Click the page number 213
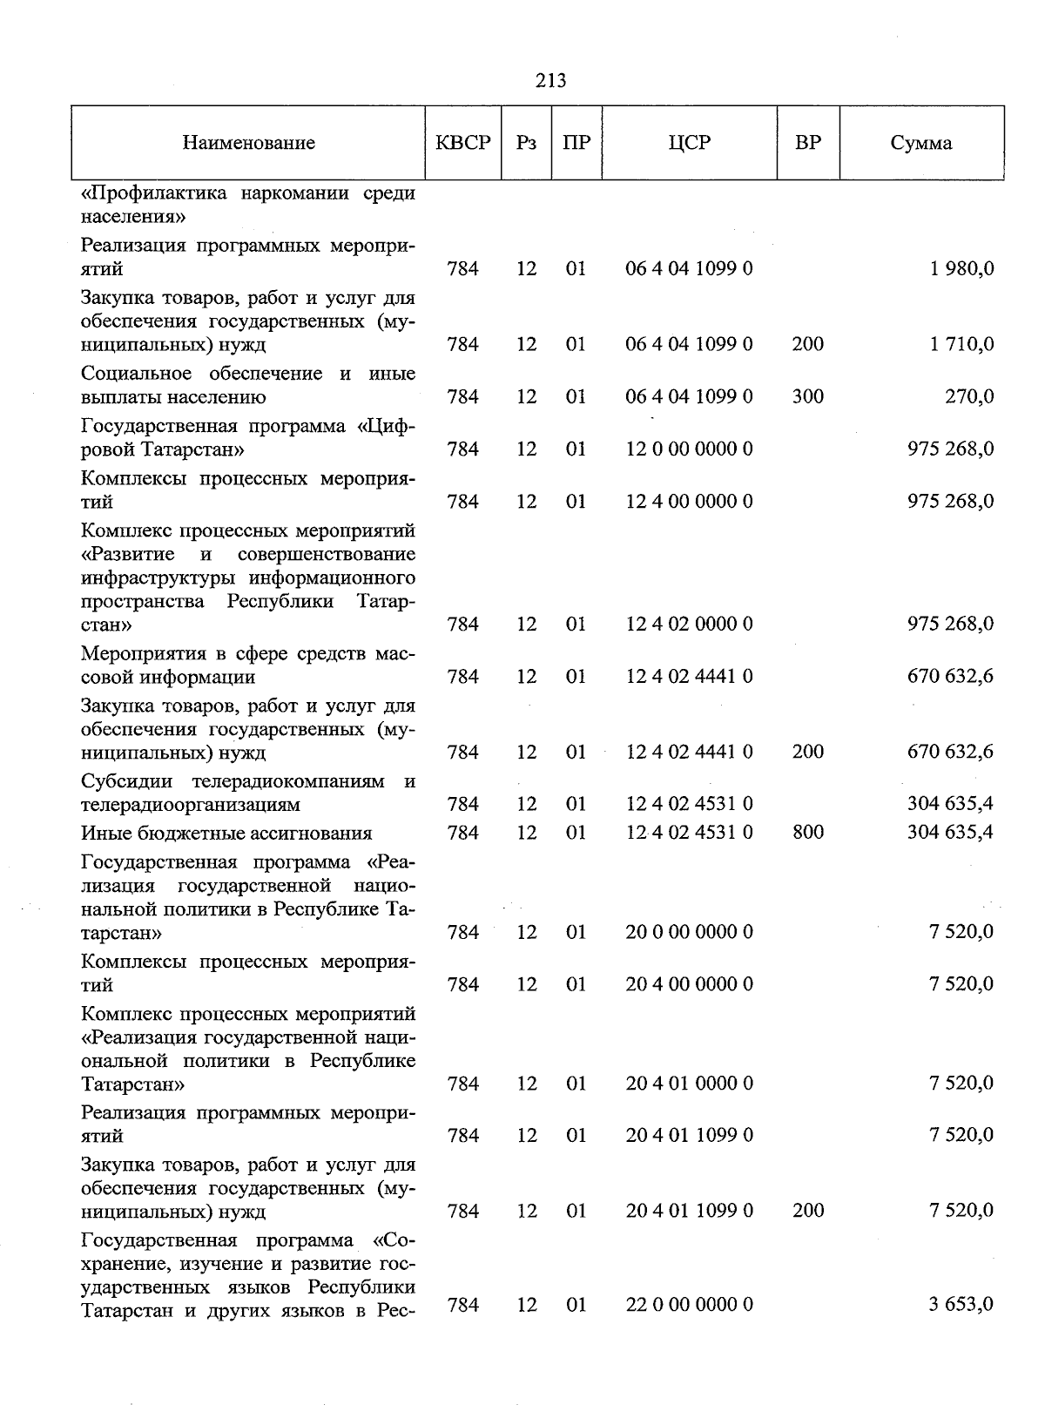550,80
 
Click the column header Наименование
249,143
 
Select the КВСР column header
462,143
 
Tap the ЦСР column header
689,143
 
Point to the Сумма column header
920,143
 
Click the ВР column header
807,143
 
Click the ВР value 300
807,396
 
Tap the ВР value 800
807,833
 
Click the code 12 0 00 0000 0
689,449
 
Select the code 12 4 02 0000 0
689,624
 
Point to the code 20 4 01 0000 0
689,1083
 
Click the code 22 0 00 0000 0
689,1304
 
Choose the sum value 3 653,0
961,1304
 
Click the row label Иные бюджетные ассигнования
226,834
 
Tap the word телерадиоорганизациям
191,805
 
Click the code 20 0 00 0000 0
689,932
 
